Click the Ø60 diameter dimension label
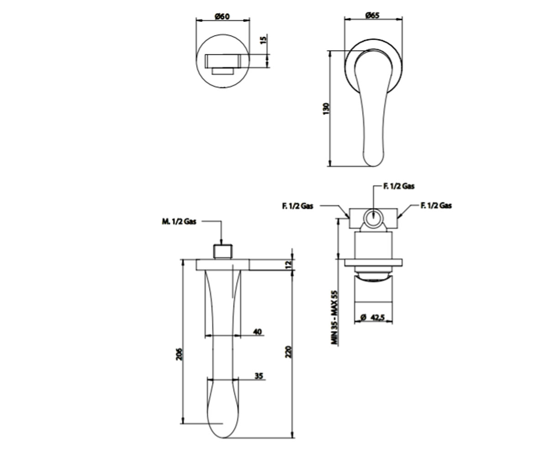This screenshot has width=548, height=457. (x=222, y=16)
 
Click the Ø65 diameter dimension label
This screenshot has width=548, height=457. (x=372, y=15)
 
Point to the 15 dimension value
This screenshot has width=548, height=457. (x=263, y=40)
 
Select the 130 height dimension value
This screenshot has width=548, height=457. (x=326, y=108)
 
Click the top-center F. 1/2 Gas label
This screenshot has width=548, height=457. (x=399, y=186)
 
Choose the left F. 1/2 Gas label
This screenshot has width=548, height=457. (x=298, y=206)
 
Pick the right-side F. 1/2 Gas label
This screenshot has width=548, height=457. (x=436, y=205)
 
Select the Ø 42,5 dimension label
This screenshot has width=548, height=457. (x=373, y=318)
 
